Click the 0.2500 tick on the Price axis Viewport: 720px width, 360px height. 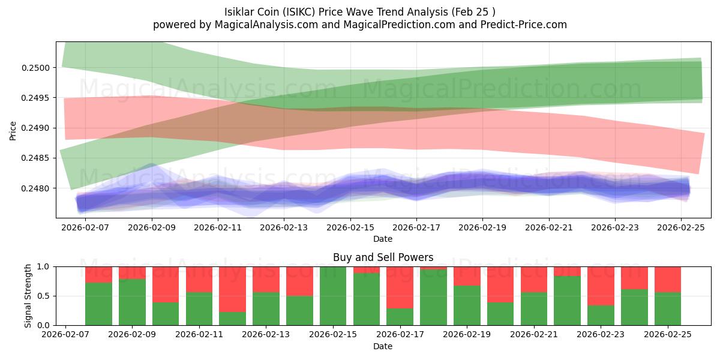(x=37, y=67)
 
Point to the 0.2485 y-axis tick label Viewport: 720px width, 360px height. (x=37, y=158)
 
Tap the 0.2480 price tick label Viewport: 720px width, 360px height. (x=37, y=188)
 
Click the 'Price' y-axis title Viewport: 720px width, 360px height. (x=13, y=130)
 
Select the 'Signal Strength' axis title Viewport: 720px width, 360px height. (x=28, y=296)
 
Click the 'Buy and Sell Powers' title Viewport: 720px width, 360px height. (x=383, y=257)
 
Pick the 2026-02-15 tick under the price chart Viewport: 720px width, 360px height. (x=350, y=228)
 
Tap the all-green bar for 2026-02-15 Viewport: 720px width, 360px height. (x=333, y=296)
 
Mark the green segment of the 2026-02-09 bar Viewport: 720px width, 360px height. (x=132, y=302)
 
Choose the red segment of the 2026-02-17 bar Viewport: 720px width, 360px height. (x=400, y=287)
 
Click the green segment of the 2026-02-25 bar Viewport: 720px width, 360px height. (x=668, y=308)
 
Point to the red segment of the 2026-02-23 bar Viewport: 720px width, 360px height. (x=601, y=286)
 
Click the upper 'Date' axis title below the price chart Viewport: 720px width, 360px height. (x=383, y=239)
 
